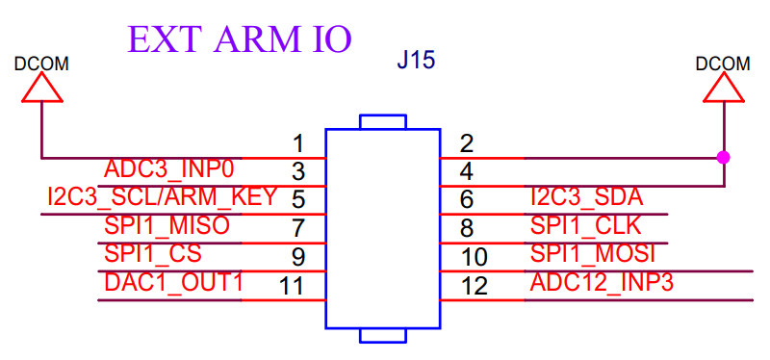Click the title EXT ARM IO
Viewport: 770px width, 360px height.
[x=240, y=39]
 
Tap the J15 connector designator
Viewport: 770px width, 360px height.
[x=416, y=62]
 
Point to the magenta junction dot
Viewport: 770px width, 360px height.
[x=724, y=158]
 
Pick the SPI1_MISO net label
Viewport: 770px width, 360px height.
[x=167, y=226]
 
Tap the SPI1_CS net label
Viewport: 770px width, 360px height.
[x=153, y=254]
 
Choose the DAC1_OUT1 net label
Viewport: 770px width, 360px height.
[x=173, y=282]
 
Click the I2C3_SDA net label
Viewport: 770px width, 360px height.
[x=587, y=197]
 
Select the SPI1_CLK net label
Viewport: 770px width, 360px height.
[x=586, y=226]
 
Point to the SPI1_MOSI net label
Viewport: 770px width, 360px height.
[x=593, y=254]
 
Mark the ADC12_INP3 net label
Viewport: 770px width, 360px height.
[x=602, y=282]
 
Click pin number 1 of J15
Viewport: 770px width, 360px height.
[x=298, y=144]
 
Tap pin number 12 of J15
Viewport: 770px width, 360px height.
[x=475, y=286]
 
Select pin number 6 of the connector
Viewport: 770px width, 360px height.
[x=467, y=200]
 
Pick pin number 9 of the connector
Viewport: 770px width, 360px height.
[x=298, y=257]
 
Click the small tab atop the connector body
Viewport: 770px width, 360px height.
[x=383, y=122]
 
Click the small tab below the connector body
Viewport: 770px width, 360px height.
[x=383, y=335]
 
